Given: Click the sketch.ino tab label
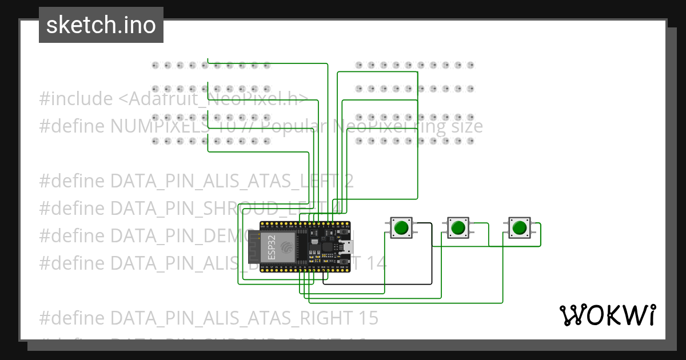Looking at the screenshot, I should [101, 25].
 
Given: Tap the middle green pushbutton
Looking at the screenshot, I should [457, 227].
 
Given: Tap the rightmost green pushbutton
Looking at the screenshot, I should [519, 227].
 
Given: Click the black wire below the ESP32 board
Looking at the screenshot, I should [377, 283].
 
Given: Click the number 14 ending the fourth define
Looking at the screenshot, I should [377, 263].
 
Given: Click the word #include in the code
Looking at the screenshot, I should [76, 99].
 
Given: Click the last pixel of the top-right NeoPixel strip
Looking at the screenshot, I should [470, 65].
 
